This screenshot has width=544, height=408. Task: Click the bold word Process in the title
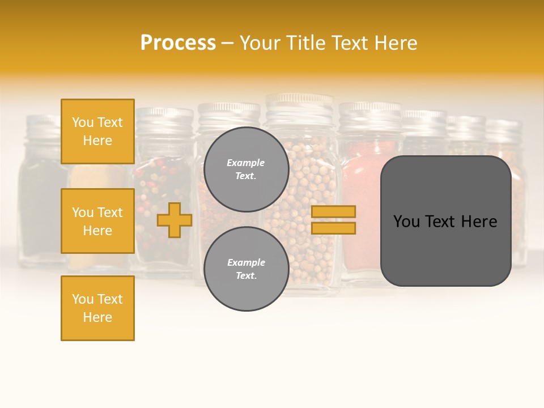[178, 42]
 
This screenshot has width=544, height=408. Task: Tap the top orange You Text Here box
[97, 131]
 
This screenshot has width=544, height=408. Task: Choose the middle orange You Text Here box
[97, 221]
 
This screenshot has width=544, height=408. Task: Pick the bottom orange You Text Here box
[97, 308]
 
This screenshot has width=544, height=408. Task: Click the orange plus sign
[175, 220]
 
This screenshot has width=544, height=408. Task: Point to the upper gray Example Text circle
[246, 169]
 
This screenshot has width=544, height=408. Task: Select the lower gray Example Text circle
[246, 269]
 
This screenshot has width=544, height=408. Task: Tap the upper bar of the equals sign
[333, 211]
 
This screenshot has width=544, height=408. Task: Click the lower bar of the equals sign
[333, 228]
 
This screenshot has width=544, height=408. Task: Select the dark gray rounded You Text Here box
[445, 221]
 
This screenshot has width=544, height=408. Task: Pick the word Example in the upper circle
[246, 163]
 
